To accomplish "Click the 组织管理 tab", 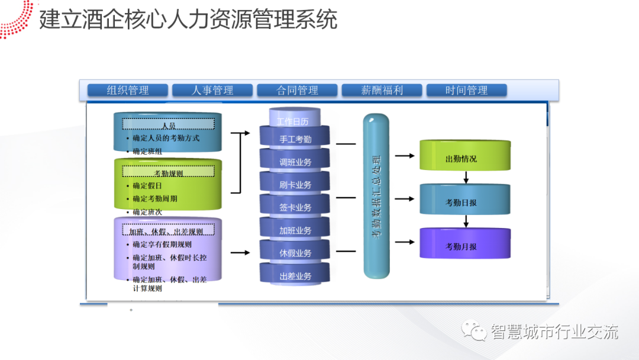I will (x=128, y=91).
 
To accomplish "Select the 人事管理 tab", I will (x=212, y=91).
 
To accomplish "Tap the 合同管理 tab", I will (x=297, y=91).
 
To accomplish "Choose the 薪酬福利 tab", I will (x=382, y=91).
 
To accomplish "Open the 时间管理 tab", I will (x=466, y=91).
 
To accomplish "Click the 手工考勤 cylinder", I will (x=295, y=140).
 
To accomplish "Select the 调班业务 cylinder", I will (x=295, y=162).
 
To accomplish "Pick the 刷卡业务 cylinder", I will (x=295, y=185).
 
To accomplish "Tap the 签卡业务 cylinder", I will (x=295, y=208).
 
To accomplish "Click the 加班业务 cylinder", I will (x=295, y=230).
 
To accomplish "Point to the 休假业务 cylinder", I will (x=295, y=253).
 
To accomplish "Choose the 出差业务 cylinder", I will (x=295, y=276).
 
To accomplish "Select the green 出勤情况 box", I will (x=465, y=158).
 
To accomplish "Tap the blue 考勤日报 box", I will (x=465, y=202).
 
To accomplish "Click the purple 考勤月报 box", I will (x=465, y=246).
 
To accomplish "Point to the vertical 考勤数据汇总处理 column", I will (x=376, y=197).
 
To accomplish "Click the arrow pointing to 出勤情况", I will (x=404, y=156).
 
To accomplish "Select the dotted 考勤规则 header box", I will (x=169, y=173).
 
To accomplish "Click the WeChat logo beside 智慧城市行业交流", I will (x=475, y=330).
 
